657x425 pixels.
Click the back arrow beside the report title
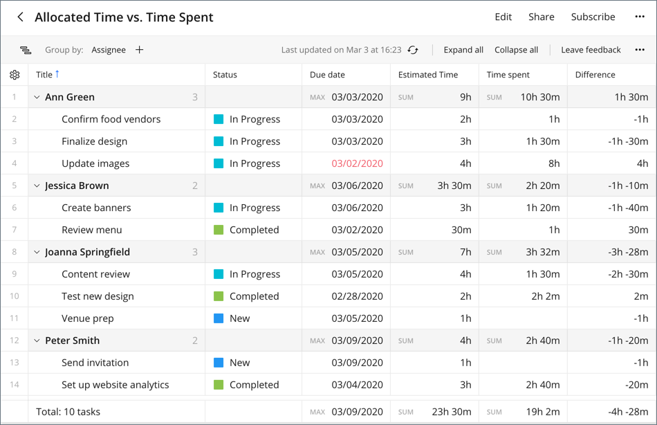[20, 17]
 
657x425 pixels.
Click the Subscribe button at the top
[593, 17]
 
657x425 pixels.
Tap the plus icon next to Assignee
[139, 50]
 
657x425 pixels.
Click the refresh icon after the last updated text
[413, 50]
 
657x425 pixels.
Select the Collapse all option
[516, 50]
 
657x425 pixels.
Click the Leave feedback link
[591, 50]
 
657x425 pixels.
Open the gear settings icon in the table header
[15, 75]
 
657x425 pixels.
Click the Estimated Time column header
[428, 75]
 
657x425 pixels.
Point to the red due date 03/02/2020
[357, 163]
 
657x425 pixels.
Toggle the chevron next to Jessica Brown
[37, 186]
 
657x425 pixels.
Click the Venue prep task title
[88, 318]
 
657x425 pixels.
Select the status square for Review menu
[219, 230]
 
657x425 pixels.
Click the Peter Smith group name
[72, 341]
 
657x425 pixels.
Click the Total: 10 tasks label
[68, 412]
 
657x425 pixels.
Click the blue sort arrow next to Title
[57, 74]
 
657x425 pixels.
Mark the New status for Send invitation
[239, 363]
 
